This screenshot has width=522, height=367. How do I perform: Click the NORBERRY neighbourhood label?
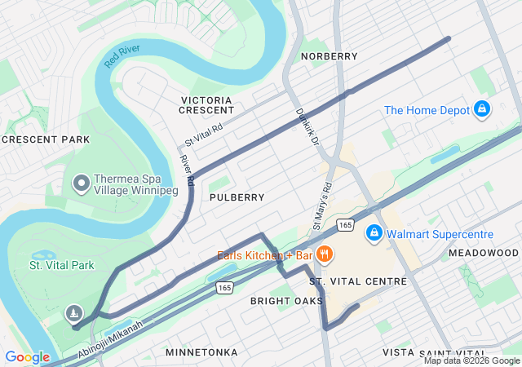tap(329, 56)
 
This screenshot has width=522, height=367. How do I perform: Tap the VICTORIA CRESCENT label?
tap(206, 104)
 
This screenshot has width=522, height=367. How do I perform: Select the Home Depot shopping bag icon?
tap(482, 109)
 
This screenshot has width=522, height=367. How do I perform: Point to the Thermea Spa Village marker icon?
tap(81, 184)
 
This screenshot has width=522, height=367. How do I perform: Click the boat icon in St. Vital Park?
tap(74, 313)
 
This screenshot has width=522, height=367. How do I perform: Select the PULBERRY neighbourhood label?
tap(237, 197)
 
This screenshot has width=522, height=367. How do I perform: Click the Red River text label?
tap(123, 56)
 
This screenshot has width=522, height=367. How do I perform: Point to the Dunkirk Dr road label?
tap(307, 126)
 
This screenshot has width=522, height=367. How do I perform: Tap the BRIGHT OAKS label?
tap(286, 301)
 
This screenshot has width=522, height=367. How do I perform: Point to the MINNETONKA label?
tap(201, 352)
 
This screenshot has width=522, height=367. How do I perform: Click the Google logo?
tap(27, 356)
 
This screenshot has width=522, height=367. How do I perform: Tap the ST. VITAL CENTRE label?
tap(358, 281)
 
